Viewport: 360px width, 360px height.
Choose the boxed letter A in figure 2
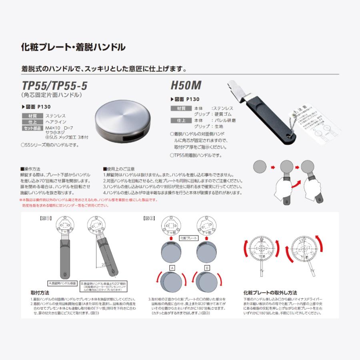[172, 267]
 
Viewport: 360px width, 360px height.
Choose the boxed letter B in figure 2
[207, 267]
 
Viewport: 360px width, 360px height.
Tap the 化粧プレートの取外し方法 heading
[270, 292]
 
